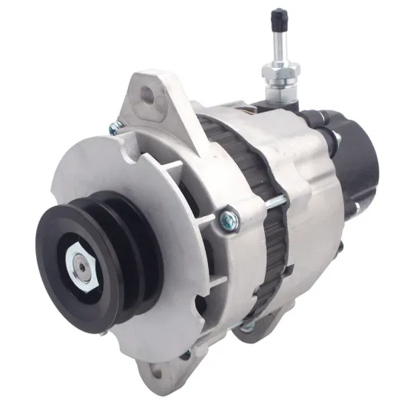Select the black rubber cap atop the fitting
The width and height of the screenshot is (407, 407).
(x=279, y=17)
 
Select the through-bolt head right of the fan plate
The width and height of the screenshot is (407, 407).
(x=229, y=219)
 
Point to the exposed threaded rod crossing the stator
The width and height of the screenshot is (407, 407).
(x=274, y=201)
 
